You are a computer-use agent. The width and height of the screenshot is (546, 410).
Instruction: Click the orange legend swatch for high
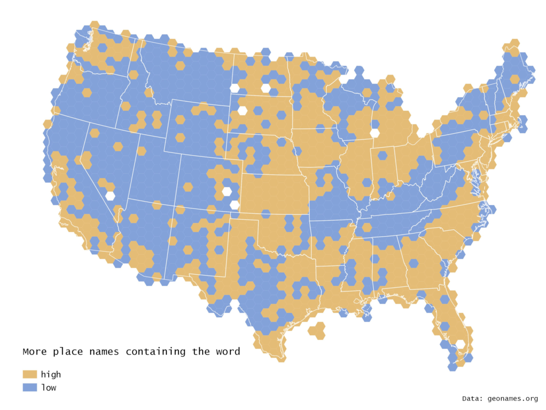pos(30,374)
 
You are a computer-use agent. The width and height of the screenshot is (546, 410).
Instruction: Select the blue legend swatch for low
pos(30,388)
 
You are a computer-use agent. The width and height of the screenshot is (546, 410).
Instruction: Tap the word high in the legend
pos(51,374)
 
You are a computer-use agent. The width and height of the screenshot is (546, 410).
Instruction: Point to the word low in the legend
pos(49,388)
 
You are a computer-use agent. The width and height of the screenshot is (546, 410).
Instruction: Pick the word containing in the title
pos(158,352)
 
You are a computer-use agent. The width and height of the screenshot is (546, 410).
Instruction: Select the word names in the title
pos(106,352)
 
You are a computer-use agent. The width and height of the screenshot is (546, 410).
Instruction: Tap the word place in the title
pos(70,352)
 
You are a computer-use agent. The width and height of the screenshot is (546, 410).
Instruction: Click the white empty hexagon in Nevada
pos(110,196)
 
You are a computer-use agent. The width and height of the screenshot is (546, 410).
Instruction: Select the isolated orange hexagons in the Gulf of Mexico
pos(317,331)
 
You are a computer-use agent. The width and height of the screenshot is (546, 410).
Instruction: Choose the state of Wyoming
pos(197,128)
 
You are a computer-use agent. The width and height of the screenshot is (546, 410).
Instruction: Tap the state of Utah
pos(149,171)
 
